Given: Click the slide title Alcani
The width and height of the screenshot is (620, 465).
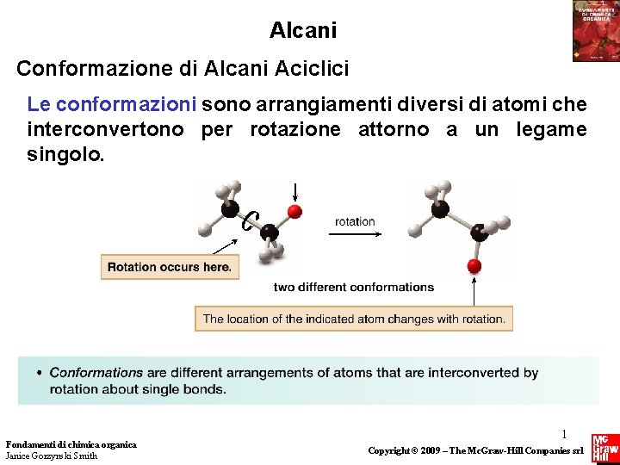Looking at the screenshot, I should coord(302,31).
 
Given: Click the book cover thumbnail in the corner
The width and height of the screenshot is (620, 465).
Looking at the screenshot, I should coord(595,30).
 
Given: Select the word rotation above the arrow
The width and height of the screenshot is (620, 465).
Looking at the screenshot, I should coord(355,221).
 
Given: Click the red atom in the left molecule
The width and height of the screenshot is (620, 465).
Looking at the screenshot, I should coord(294,212).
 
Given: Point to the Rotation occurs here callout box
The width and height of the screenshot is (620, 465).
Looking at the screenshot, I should coord(170,267).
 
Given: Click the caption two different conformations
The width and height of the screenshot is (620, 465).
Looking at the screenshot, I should coord(354,287).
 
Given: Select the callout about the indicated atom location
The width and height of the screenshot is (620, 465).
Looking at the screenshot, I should coord(354,319).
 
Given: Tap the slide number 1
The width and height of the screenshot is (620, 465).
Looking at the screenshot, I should coord(565,436).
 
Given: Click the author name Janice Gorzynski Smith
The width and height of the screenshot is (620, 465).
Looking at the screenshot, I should coord(52,456).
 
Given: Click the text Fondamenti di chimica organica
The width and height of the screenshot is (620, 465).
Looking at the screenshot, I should coord(71,444).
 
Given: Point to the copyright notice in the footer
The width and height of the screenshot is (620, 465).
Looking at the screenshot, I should coord(475,450).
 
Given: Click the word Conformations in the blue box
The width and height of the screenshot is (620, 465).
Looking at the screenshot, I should coord(96,373).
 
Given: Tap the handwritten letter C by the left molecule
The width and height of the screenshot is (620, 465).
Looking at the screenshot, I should coord(249,221).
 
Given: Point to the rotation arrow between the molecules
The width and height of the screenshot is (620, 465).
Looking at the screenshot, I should coord(356,235).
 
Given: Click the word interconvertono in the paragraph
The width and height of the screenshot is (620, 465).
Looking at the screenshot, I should coord(106,130).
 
